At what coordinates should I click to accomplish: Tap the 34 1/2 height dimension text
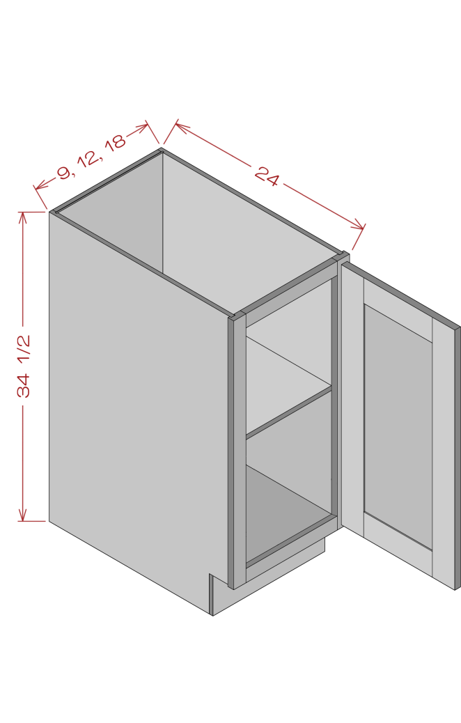coord(24,366)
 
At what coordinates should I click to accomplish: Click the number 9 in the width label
coord(65,173)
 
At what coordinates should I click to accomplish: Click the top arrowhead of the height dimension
coord(22,217)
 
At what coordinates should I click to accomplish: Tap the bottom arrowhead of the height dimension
coord(22,516)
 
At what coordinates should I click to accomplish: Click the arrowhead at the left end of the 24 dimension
coord(181,127)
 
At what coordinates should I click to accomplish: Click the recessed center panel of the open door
coord(398,426)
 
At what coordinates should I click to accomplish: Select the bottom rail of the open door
coord(398,542)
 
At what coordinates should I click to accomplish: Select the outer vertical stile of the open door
coord(444,455)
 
